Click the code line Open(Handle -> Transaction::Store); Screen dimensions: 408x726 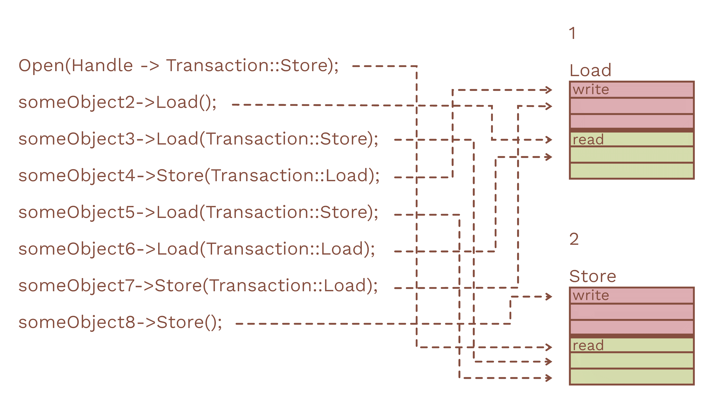coord(178,66)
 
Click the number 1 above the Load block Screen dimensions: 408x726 coord(572,33)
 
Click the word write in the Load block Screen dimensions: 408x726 coord(591,90)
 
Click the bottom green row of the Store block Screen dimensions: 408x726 coord(632,376)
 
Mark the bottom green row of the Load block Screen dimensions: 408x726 coord(632,170)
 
